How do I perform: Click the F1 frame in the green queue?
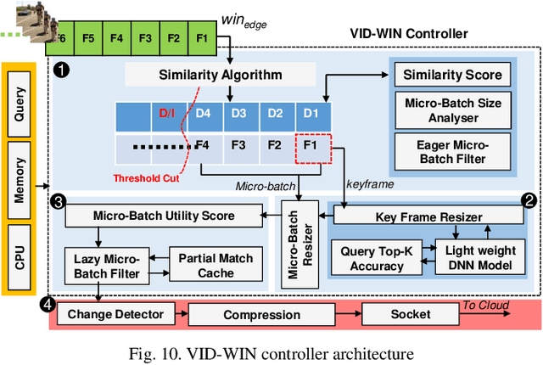pos(202,38)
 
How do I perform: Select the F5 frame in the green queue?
pos(87,38)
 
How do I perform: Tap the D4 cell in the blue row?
pos(202,113)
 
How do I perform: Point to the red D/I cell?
pos(166,113)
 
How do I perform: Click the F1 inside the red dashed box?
pos(310,144)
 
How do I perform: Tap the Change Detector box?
pos(116,314)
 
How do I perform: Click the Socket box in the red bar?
pos(410,314)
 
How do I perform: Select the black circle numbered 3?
pos(58,201)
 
